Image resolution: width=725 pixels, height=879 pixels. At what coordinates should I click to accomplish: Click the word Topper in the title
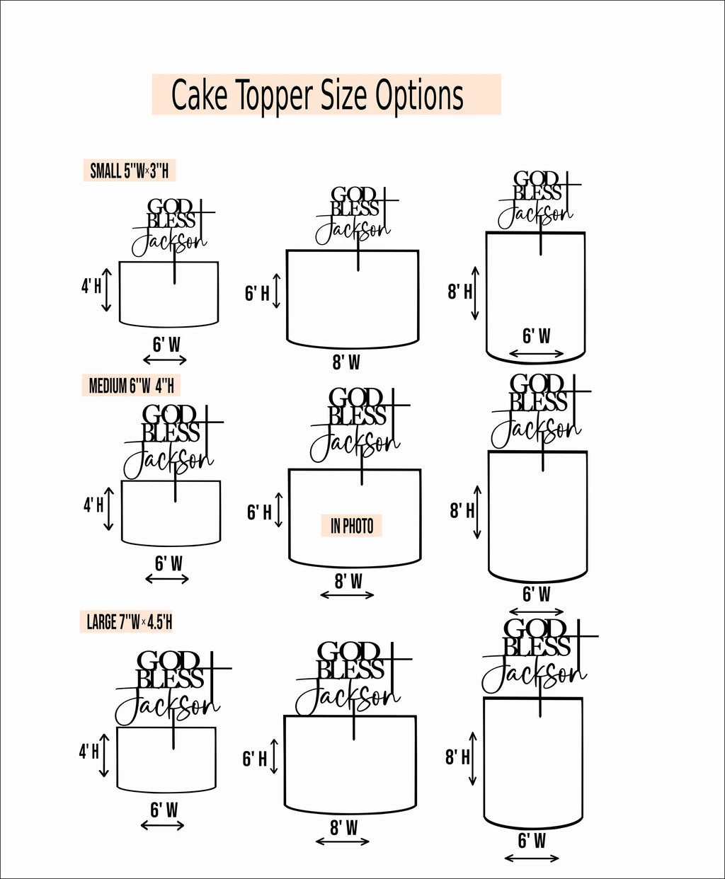(273, 96)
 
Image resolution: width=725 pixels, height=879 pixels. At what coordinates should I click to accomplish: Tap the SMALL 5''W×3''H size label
(130, 171)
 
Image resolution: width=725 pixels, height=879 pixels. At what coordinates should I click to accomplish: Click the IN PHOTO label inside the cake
(352, 526)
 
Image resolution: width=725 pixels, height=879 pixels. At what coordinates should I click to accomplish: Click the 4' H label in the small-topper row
(91, 287)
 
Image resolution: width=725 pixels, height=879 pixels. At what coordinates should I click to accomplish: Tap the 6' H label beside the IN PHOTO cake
(259, 512)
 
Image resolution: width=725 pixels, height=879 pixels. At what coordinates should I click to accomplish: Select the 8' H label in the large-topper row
(457, 757)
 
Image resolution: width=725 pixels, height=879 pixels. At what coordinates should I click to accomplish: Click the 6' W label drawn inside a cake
(536, 336)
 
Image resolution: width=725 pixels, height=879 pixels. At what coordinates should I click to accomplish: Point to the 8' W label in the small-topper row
(346, 363)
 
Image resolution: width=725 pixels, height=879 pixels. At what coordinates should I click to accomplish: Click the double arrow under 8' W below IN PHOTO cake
(347, 595)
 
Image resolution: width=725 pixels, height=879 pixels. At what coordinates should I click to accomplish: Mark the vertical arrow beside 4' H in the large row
(105, 756)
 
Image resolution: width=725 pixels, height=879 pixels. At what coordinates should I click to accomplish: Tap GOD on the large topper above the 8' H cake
(535, 628)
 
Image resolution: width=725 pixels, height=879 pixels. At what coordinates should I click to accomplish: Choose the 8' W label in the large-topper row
(343, 827)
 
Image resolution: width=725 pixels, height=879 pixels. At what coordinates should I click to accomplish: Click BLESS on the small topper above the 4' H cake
(171, 221)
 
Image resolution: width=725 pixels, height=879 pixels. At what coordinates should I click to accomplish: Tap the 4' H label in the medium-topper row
(93, 505)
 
